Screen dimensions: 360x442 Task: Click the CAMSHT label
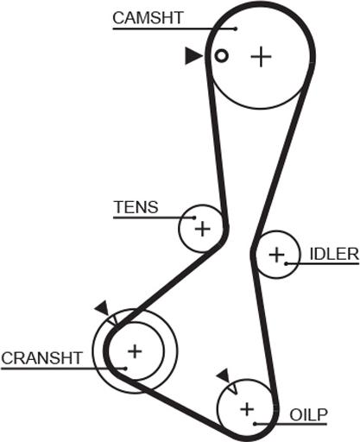pos(148,18)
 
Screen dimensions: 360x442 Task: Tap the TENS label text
pos(136,207)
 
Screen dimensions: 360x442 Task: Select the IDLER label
pos(334,255)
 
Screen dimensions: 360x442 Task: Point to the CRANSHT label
pos(42,358)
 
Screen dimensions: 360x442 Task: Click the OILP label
pos(308,414)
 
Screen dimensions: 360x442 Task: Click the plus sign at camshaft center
pos(261,56)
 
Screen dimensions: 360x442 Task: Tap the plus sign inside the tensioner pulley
pos(203,229)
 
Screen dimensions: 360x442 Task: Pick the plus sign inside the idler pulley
pos(276,255)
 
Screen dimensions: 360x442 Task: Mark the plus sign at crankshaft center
pos(135,351)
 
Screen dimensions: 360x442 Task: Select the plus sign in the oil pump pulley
pos(247,409)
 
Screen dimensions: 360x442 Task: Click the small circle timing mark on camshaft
pos(221,55)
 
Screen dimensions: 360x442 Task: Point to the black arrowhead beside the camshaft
pos(193,55)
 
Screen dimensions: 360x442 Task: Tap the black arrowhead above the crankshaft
pos(102,308)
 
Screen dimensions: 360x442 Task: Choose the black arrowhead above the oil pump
pos(224,376)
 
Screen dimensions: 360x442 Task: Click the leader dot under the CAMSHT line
pos(236,28)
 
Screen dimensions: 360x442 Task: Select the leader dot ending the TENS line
pos(194,218)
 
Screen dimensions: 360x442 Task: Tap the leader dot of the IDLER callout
pos(286,263)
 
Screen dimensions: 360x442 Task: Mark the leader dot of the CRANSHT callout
pos(125,369)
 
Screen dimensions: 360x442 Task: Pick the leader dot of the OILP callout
pos(255,424)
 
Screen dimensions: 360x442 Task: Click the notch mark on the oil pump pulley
pos(233,388)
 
